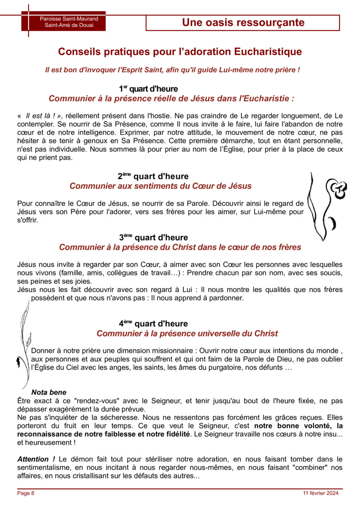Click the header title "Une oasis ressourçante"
[x=243, y=22]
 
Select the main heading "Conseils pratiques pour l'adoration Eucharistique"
[x=180, y=52]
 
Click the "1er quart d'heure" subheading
[x=148, y=89]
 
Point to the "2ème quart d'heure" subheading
[x=153, y=176]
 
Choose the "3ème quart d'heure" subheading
[x=153, y=238]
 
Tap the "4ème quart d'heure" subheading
[x=153, y=324]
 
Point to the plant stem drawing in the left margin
[x=24, y=348]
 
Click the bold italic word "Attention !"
[x=36, y=459]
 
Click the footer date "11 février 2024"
[x=321, y=493]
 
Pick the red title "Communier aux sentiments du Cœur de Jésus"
[x=160, y=186]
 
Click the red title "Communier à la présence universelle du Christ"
[x=187, y=333]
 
